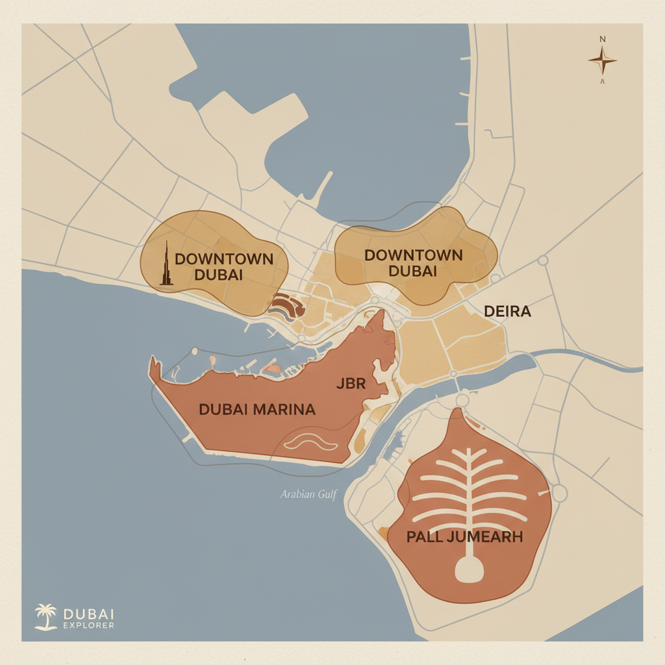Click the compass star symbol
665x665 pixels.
(603, 61)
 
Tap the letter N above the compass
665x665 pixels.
(603, 40)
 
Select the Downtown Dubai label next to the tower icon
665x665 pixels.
(223, 266)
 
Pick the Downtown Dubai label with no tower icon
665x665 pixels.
(414, 262)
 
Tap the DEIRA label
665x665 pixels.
(508, 312)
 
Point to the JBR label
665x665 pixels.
(351, 383)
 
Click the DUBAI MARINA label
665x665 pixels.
(257, 410)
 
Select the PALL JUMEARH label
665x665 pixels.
(464, 537)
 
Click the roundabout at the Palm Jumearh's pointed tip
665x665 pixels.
(462, 398)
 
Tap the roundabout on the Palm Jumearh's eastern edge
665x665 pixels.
(558, 494)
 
